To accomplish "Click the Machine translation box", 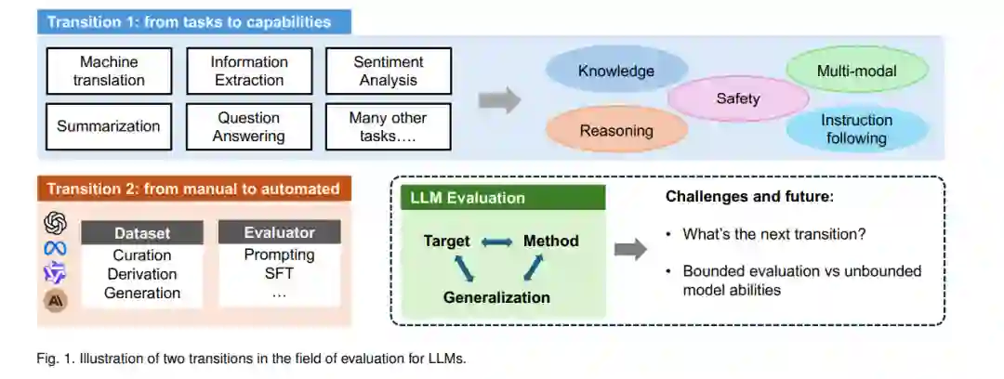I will (109, 72).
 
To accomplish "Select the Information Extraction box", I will (248, 72).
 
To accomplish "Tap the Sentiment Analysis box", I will (388, 72).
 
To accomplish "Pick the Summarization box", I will (109, 126).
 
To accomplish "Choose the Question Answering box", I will (248, 126).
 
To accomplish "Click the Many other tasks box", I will (388, 126).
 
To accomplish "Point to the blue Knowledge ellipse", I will (615, 71).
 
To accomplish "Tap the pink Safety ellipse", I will (738, 98).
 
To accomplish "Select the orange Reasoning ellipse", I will (615, 131).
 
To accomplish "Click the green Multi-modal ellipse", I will (857, 71).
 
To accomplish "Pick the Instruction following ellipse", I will (857, 129).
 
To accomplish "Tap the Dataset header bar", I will (142, 233).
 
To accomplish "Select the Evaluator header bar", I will (279, 233).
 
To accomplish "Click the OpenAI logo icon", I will (56, 224).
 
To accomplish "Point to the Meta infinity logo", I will (56, 248).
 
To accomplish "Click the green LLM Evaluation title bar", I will (503, 198).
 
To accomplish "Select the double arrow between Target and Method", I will (496, 242).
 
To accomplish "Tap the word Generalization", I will (496, 297).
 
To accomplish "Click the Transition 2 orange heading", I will (193, 189).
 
